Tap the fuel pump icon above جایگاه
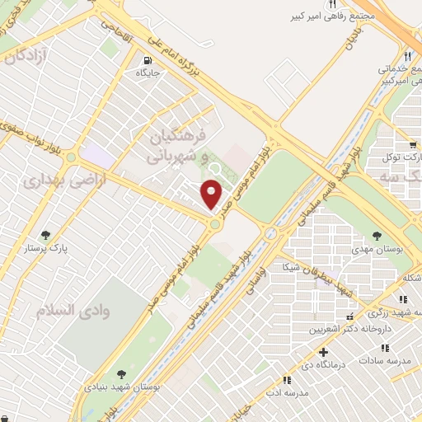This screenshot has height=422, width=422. coord(148,59)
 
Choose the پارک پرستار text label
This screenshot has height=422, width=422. coord(45,247)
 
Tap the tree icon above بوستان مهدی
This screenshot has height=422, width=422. coord(377,236)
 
